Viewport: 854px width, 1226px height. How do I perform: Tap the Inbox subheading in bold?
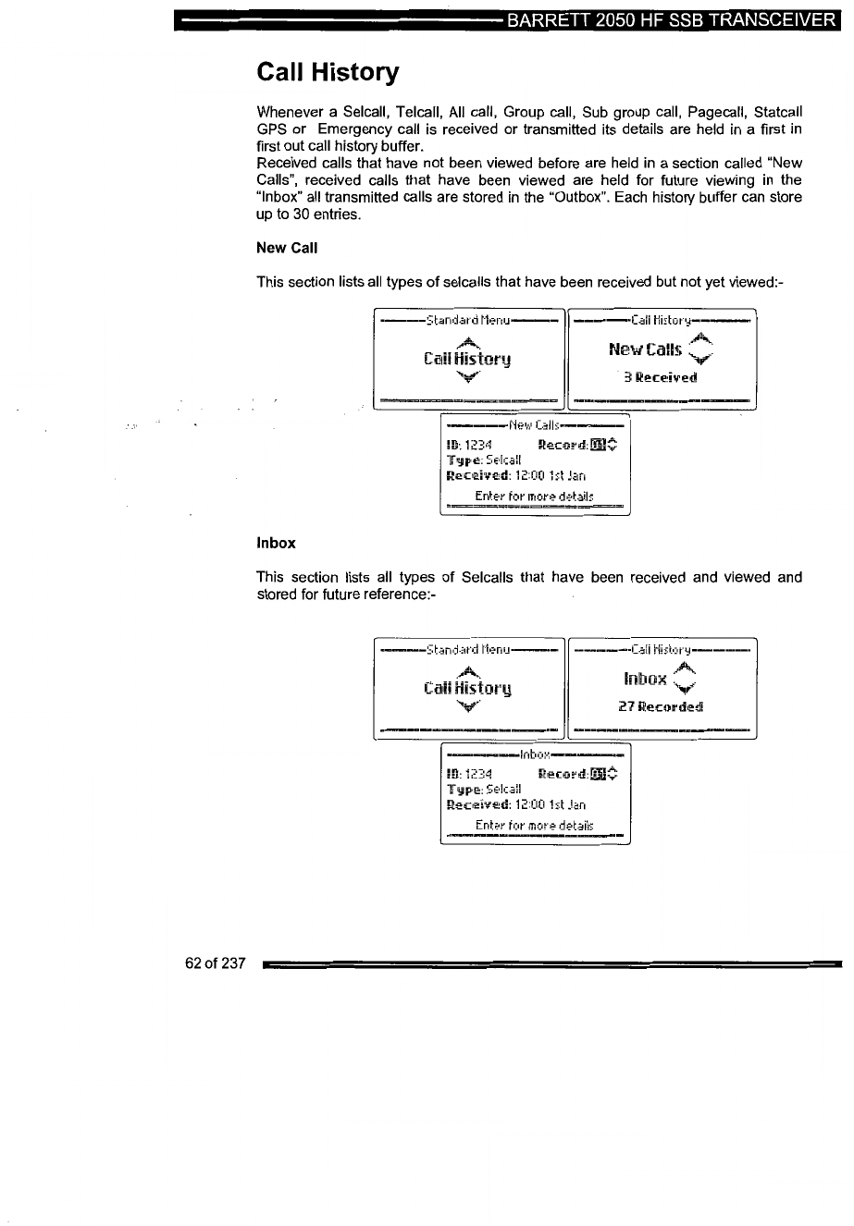[275, 543]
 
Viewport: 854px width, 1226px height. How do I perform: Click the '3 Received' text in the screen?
[660, 377]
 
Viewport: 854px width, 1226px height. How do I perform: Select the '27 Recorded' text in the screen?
[661, 707]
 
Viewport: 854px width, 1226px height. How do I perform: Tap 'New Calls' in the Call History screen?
[646, 349]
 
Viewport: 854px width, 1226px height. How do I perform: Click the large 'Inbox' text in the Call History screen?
[645, 680]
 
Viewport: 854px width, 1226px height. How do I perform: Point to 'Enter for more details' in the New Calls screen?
[534, 496]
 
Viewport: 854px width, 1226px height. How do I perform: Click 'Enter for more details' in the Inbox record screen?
[534, 825]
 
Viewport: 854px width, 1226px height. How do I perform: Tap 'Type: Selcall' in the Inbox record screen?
[484, 790]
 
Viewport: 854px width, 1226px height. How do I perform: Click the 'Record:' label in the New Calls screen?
[562, 445]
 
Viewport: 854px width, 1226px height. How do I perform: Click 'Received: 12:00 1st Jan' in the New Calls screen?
[515, 477]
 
